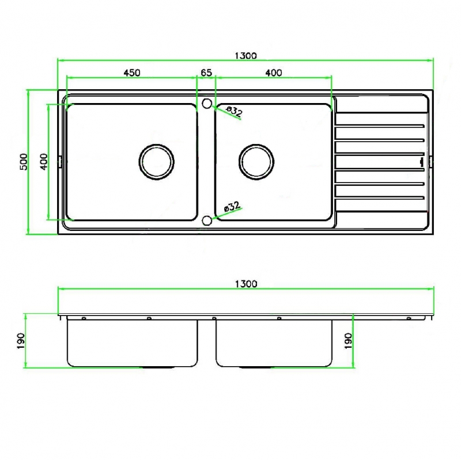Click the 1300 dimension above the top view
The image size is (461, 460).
[246, 55]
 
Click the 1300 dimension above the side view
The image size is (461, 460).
[246, 284]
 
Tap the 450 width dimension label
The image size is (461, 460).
[132, 73]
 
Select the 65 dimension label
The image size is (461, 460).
[206, 73]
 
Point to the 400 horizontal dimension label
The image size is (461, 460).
[274, 73]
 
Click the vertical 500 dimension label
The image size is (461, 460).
[23, 162]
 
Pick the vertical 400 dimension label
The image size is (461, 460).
[44, 162]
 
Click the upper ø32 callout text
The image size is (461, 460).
[235, 111]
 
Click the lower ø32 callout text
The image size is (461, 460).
[232, 207]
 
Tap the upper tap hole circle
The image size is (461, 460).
[207, 104]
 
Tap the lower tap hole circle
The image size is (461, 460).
[207, 221]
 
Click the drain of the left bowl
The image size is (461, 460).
[156, 162]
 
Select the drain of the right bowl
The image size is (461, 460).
[256, 162]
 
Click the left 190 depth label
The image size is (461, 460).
[21, 341]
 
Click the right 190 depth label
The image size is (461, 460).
[348, 341]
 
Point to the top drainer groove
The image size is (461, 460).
[380, 126]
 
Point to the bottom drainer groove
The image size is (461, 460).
[380, 198]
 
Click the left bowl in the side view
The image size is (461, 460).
[133, 343]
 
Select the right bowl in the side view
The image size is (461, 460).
[274, 343]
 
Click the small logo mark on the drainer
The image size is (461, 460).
[422, 162]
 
